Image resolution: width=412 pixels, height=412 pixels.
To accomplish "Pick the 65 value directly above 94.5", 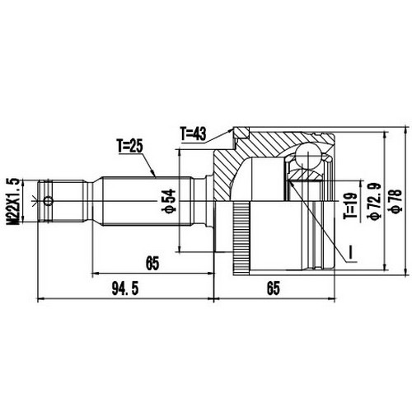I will pyautogui.click(x=151, y=264).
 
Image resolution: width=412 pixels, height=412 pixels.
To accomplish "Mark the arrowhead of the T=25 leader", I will pyautogui.click(x=157, y=176).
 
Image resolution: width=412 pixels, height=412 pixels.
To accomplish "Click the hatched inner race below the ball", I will pyautogui.click(x=307, y=175).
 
